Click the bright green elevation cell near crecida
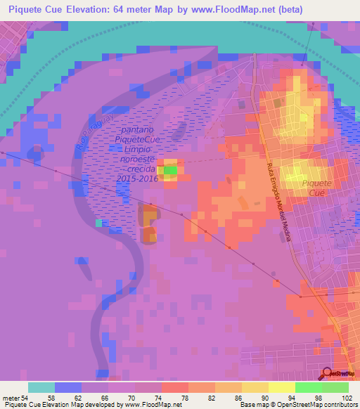pyautogui.click(x=170, y=169)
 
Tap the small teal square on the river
pyautogui.click(x=99, y=223)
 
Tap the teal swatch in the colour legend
pyautogui.click(x=41, y=387)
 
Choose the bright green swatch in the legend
pyautogui.click(x=309, y=387)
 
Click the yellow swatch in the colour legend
pyautogui.click(x=282, y=387)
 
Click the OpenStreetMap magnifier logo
pyautogui.click(x=328, y=374)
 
